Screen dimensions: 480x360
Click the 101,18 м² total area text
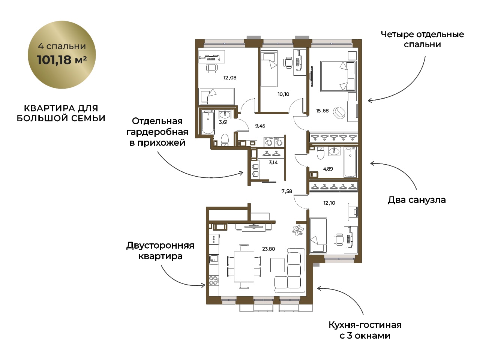62,60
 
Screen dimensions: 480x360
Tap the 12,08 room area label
230,78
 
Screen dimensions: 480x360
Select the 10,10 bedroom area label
283,94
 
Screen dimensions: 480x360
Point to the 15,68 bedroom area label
322,111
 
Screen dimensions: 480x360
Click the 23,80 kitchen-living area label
268,249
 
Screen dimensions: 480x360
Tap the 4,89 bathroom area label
328,169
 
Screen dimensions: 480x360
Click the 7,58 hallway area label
287,191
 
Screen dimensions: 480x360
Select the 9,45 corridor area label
260,126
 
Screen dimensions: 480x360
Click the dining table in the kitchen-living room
244,267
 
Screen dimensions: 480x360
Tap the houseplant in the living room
298,230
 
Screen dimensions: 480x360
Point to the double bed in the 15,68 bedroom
338,76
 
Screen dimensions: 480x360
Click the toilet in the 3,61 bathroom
225,139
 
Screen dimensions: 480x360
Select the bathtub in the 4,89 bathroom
350,162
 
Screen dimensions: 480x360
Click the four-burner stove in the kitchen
213,280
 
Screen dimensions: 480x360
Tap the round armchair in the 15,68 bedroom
339,112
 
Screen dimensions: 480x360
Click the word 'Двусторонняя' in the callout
160,246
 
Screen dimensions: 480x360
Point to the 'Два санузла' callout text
417,200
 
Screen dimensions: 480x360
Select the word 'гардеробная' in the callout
157,132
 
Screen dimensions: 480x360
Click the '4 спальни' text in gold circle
62,46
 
